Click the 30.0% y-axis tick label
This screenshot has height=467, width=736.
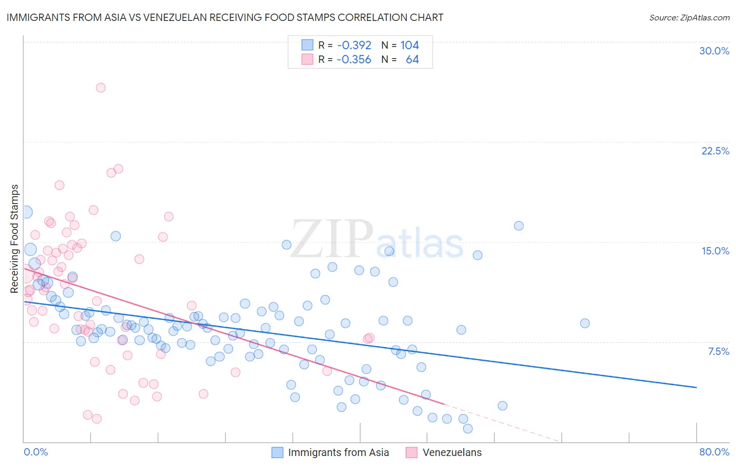pos(714,51)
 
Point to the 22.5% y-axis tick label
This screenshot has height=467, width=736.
pos(715,151)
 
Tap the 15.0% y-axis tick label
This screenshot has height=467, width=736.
pos(715,251)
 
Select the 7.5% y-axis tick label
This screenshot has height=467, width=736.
pos(718,351)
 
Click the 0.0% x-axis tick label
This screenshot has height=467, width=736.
pos(36,452)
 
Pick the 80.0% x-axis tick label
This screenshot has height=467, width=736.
pos(714,452)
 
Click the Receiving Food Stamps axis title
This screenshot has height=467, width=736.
pos(15,239)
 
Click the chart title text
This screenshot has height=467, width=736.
pos(225,18)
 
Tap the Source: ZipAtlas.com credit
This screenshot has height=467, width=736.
pos(689,18)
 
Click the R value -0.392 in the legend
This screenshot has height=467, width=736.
pos(354,46)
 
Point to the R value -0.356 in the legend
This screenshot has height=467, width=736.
pos(354,60)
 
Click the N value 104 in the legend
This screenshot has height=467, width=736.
pos(409,46)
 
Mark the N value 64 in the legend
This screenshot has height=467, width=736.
pos(412,60)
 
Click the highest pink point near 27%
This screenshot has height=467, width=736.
pos(101,87)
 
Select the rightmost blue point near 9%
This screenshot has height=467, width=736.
pos(585,323)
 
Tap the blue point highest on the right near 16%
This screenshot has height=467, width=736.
pos(519,226)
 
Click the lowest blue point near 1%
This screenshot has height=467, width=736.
pos(467,428)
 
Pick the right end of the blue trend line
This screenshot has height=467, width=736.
pos(696,387)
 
